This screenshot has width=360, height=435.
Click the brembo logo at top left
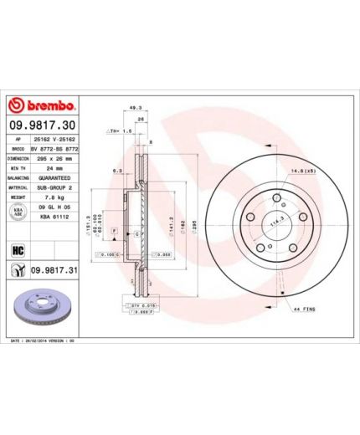tap(42, 107)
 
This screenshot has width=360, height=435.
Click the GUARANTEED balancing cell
tap(52, 178)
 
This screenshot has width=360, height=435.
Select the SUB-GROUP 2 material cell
tap(52, 188)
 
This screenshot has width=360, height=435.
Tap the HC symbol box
tap(15, 248)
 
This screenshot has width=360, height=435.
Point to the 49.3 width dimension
tap(135, 107)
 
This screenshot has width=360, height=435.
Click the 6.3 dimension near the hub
tap(118, 171)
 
